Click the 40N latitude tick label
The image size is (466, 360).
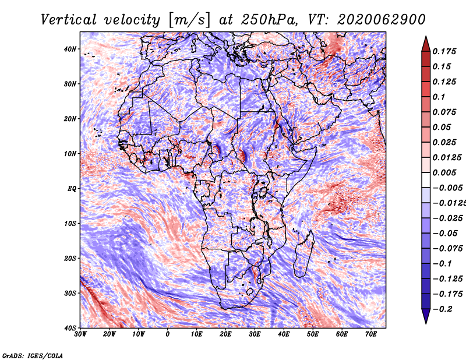[x=70, y=49]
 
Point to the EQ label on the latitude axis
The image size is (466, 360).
[x=72, y=189]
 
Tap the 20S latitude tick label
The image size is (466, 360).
[x=70, y=258]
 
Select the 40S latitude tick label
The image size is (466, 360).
[x=70, y=328]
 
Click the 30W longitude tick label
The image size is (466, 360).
[x=80, y=334]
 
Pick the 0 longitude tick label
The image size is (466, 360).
[x=168, y=334]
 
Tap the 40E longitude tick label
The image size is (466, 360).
[x=284, y=334]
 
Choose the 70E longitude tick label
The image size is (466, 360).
[x=371, y=334]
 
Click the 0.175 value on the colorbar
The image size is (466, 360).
[x=444, y=51]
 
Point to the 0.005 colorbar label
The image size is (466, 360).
[x=444, y=172]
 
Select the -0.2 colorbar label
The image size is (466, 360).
[x=442, y=309]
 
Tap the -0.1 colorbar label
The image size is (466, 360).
[x=442, y=263]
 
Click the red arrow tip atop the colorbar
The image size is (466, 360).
[x=426, y=37]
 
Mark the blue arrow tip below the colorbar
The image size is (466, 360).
[x=426, y=323]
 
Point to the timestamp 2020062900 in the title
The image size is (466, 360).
[x=382, y=20]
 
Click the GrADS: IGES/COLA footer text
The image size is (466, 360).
[x=33, y=355]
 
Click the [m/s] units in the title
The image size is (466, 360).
[x=189, y=20]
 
